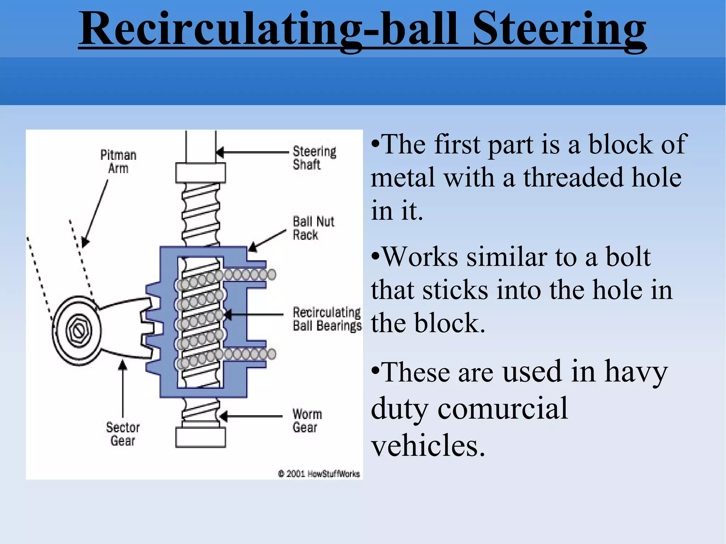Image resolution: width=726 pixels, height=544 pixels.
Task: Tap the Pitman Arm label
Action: (x=118, y=162)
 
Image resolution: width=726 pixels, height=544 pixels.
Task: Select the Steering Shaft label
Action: (x=314, y=158)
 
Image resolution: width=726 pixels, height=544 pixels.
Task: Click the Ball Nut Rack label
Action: (x=313, y=228)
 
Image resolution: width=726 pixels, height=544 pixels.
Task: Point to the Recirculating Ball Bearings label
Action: (x=326, y=319)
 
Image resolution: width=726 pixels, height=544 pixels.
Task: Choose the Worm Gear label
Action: (x=307, y=421)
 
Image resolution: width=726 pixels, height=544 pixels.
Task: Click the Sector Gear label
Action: (x=123, y=434)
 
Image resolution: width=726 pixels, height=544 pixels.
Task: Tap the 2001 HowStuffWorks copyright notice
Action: (x=319, y=474)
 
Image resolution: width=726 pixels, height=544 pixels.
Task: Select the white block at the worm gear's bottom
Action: (x=200, y=438)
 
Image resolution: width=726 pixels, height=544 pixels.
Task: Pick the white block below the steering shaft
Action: (x=200, y=173)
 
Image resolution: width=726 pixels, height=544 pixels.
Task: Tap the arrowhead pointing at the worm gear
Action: (x=223, y=416)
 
